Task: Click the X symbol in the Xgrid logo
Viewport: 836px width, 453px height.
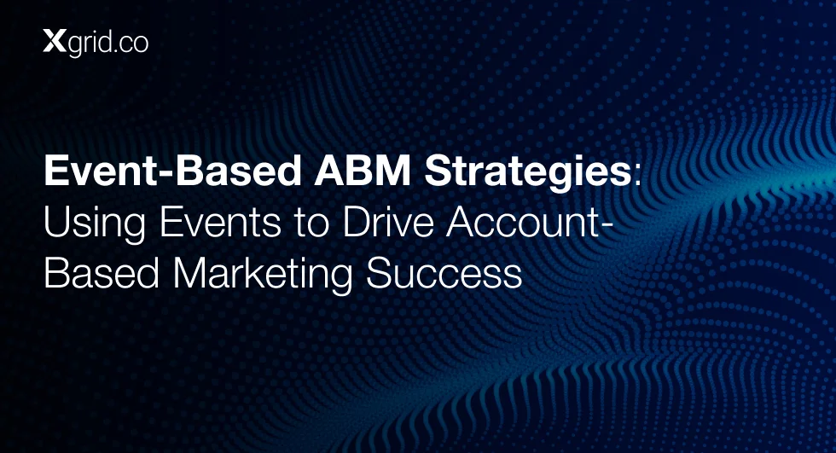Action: tap(55, 42)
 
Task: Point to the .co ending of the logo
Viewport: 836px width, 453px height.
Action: tap(130, 44)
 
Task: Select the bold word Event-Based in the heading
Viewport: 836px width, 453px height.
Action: tap(172, 171)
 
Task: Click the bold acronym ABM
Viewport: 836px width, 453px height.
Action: tap(363, 171)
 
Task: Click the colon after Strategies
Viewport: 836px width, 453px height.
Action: tap(636, 176)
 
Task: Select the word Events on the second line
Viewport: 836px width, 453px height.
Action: tap(220, 222)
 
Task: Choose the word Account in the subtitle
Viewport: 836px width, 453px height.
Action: tap(524, 222)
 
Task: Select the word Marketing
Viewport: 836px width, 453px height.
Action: tap(263, 275)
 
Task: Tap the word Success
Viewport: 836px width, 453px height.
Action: tap(444, 273)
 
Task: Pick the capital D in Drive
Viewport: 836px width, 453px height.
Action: tap(357, 222)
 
